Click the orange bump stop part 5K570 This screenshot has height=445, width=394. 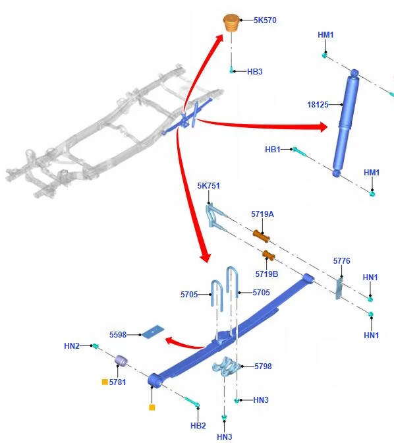point(231,22)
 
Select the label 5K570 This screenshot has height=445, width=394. point(265,20)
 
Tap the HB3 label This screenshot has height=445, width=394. point(255,71)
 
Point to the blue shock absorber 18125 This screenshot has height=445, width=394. point(346,123)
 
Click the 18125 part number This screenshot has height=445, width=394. point(318,105)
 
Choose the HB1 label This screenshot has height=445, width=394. point(273,149)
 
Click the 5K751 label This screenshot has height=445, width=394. point(208,186)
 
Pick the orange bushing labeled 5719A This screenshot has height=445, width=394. point(261,237)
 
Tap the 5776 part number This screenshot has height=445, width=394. point(341,261)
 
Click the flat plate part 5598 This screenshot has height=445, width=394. point(153,332)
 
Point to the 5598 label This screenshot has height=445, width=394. point(118,335)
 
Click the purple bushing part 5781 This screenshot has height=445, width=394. point(121,361)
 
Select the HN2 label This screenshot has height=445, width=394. point(72,346)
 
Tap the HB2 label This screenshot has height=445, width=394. point(198,426)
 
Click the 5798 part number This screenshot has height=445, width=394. point(263,367)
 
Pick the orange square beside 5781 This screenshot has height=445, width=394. point(105,382)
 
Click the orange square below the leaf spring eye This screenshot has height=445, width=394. point(152,407)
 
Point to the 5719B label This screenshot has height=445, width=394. point(267,274)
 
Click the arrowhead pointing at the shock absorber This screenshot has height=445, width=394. point(324,127)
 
